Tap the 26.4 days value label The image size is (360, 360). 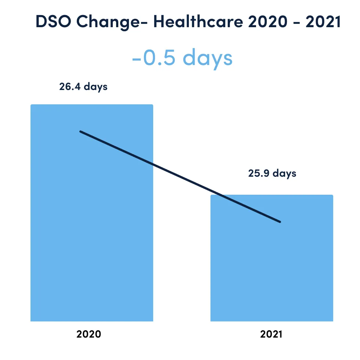(83, 87)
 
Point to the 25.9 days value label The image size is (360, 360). (272, 173)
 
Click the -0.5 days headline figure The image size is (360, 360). (182, 58)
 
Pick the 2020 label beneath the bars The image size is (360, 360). (89, 334)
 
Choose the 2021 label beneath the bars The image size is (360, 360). (271, 334)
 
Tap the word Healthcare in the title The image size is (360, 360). (198, 22)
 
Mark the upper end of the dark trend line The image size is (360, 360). (81, 132)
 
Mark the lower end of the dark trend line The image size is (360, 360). (280, 222)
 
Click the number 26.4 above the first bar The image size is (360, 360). (70, 87)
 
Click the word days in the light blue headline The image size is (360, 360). (208, 58)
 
